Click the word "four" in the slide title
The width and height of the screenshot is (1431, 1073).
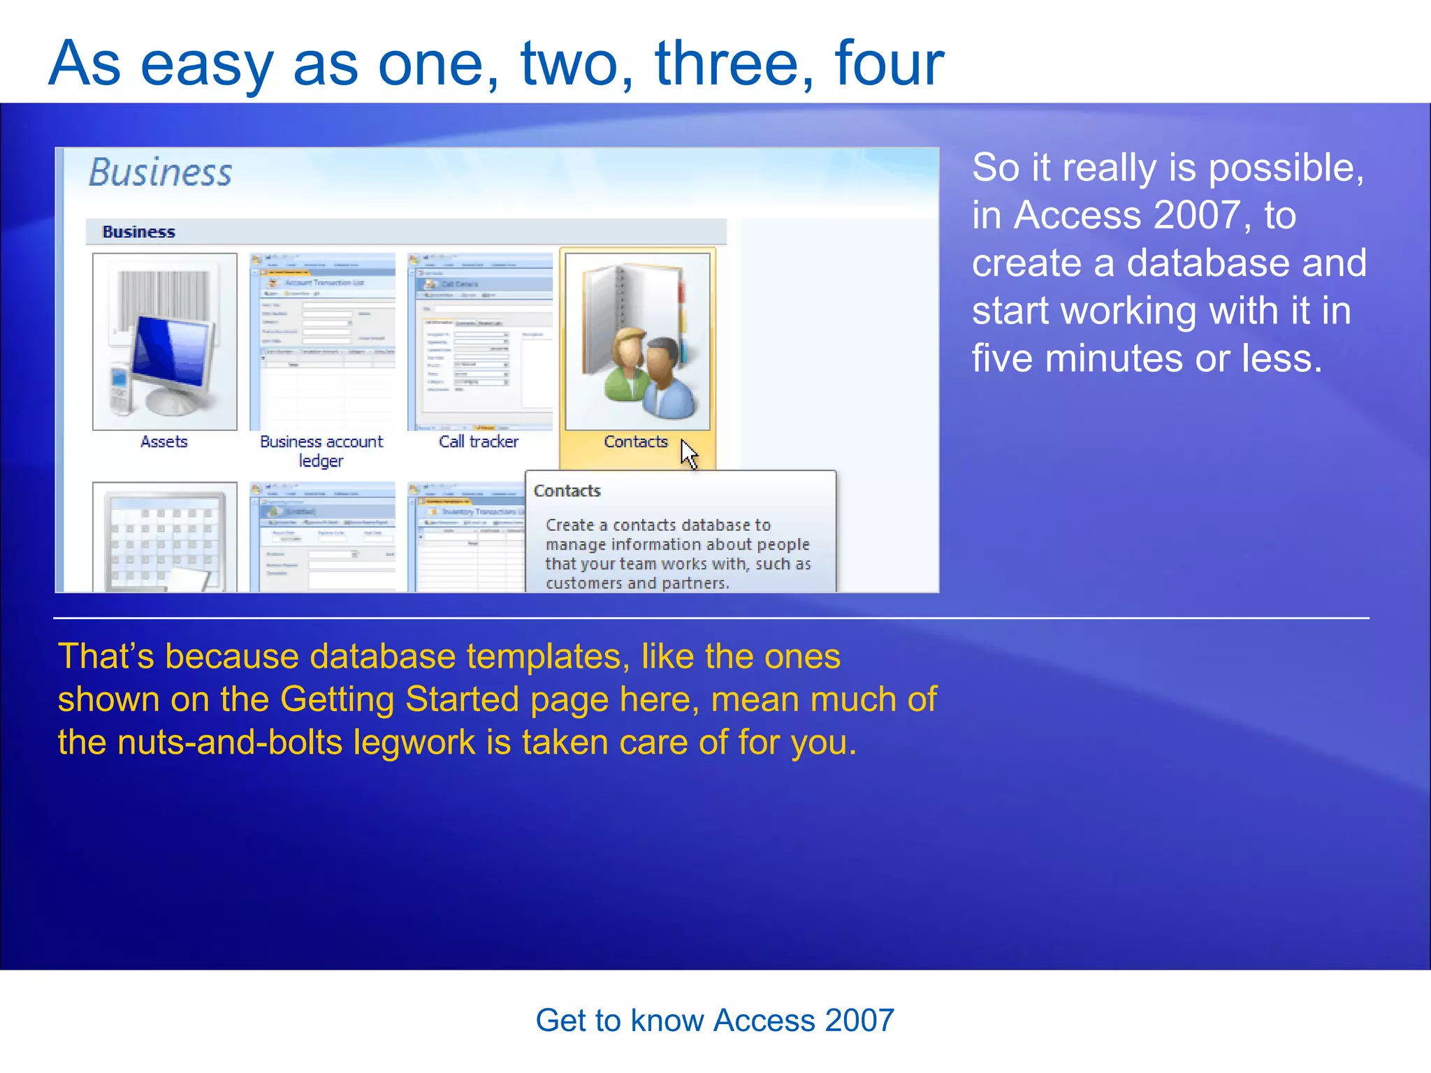click(889, 64)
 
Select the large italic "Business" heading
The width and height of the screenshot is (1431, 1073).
click(160, 173)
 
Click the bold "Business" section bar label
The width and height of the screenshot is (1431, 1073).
click(138, 232)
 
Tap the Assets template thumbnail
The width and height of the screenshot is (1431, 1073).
click(165, 342)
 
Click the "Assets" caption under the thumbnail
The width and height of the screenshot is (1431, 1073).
click(164, 442)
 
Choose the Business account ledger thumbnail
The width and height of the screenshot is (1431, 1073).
click(322, 342)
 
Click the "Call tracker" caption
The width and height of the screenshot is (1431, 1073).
click(479, 442)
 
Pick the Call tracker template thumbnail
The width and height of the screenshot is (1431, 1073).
click(480, 342)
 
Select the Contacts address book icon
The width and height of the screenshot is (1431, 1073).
click(637, 342)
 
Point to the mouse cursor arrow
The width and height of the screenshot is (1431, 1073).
click(688, 453)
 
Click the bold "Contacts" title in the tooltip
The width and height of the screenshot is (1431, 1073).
click(567, 491)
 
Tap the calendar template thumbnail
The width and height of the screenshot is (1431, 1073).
click(165, 536)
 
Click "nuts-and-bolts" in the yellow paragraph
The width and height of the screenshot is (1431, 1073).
click(230, 743)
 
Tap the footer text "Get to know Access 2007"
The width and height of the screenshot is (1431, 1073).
click(715, 1021)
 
